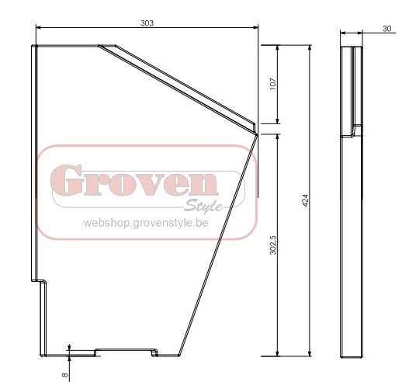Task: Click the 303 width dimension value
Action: (147, 23)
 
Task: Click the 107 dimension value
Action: (273, 84)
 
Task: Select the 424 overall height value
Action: (306, 200)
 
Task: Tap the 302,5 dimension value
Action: (273, 245)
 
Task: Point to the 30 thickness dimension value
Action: (386, 29)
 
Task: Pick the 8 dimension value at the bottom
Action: (65, 374)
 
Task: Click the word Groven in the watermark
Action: (134, 180)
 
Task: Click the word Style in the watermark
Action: (203, 206)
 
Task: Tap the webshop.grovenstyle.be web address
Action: (146, 223)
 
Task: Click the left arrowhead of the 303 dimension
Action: (38, 27)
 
